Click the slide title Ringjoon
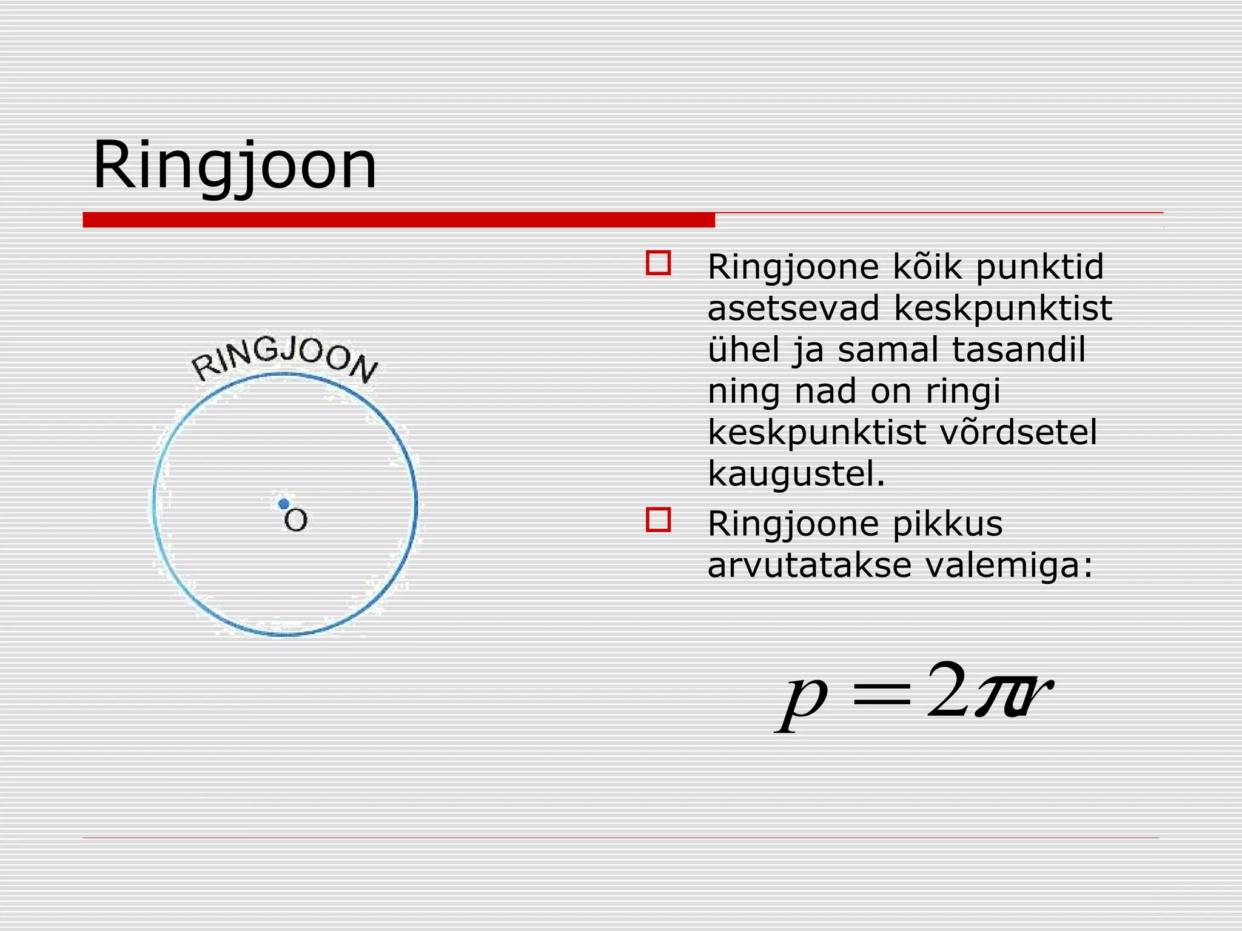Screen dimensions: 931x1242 [x=235, y=165]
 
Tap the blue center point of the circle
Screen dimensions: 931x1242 [x=283, y=504]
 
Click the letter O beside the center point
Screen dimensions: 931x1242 [x=296, y=521]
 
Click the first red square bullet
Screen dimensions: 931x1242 [x=658, y=264]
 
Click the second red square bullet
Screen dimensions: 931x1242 [x=658, y=520]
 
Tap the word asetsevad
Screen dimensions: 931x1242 [x=793, y=309]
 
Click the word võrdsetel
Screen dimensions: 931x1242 [x=1019, y=432]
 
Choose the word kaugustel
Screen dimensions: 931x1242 [x=796, y=474]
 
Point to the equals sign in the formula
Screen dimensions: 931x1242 [x=882, y=696]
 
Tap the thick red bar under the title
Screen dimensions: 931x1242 [x=398, y=220]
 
